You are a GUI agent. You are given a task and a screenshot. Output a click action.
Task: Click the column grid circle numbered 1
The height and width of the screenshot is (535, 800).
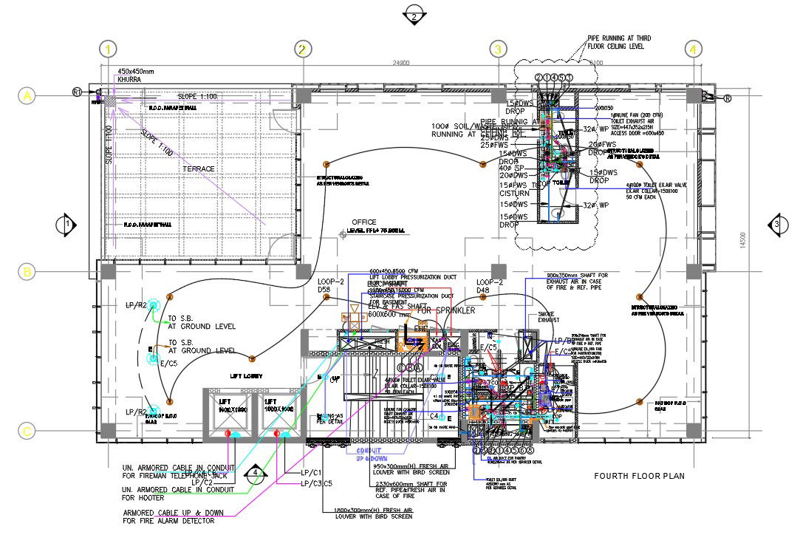pos(109,50)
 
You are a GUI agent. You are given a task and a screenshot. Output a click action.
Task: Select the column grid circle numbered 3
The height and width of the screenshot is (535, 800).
pos(499,50)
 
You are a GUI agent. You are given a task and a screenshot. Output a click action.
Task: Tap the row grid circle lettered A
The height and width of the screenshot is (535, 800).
pos(27,96)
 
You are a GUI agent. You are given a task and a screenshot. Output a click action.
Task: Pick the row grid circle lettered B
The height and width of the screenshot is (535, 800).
pos(27,272)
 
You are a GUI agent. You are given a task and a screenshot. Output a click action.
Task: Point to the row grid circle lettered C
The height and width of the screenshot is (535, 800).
pos(27,432)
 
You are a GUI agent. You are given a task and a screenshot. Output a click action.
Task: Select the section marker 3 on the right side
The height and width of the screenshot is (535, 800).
pos(776,224)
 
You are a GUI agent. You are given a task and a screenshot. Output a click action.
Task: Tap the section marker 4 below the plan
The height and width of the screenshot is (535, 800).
pos(255,472)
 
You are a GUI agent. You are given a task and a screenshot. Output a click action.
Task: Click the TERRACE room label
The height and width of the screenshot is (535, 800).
pos(199,169)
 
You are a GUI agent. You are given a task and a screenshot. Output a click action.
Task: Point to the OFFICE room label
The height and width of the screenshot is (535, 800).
pos(363,222)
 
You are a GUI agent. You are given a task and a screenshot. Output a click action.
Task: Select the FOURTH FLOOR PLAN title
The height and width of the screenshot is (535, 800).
pos(640,476)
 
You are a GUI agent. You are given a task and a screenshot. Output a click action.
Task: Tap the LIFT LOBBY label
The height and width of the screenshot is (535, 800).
pos(246,375)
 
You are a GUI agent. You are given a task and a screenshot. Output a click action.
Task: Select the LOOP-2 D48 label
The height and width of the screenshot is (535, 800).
pos(489,287)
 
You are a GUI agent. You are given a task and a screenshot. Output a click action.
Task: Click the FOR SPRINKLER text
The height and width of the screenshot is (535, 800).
pos(446,311)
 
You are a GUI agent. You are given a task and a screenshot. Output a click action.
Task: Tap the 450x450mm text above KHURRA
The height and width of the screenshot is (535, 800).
pos(136,72)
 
